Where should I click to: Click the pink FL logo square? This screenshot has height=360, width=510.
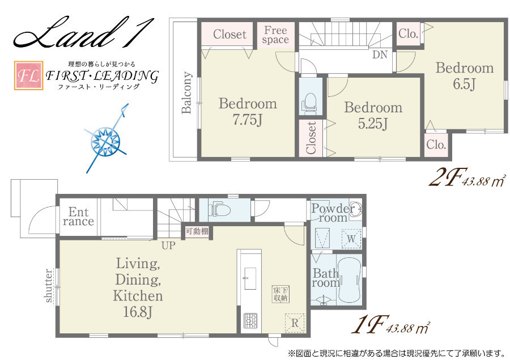[x=29, y=75]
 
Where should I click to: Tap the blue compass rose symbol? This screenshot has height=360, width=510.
[x=106, y=141]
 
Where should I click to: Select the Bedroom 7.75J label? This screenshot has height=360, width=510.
[x=248, y=112]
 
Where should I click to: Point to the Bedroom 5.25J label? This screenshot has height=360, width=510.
[x=373, y=116]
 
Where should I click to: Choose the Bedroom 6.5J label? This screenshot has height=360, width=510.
[x=465, y=76]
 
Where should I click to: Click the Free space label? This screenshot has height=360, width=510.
[x=275, y=35]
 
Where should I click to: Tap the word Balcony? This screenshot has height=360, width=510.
[x=186, y=92]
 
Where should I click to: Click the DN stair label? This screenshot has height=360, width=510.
[x=380, y=54]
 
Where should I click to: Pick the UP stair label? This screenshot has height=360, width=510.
[x=168, y=245]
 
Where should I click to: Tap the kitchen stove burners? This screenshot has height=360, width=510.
[x=250, y=321]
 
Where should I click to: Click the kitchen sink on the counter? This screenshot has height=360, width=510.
[x=250, y=278]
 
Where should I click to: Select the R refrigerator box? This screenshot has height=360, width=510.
[x=295, y=323]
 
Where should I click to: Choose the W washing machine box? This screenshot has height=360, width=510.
[x=351, y=239]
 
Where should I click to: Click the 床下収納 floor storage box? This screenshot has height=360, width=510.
[x=280, y=294]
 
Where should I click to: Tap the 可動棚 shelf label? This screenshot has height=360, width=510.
[x=197, y=231]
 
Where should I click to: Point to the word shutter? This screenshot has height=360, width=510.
[x=49, y=286]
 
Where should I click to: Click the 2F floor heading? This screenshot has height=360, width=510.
[x=448, y=177]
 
